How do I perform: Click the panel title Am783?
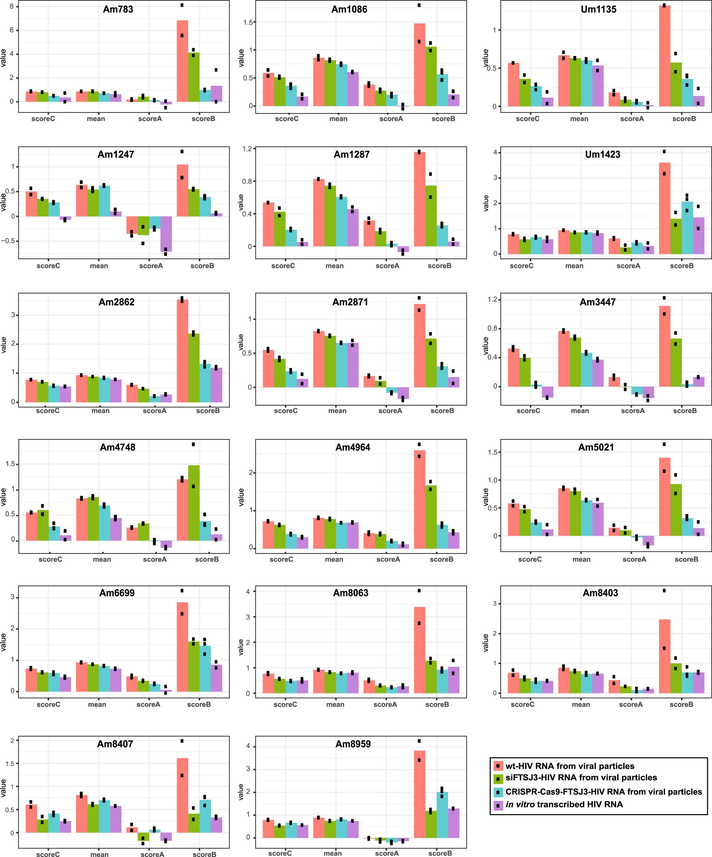(x=118, y=10)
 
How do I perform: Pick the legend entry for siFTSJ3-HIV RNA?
(x=581, y=778)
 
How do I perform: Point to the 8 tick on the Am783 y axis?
(x=12, y=6)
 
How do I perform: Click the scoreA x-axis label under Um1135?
(x=632, y=119)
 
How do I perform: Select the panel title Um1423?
(x=602, y=155)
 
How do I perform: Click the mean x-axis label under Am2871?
(x=337, y=411)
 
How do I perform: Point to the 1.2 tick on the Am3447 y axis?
(x=493, y=299)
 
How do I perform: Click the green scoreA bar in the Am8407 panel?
(x=143, y=837)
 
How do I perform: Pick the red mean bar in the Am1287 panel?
(x=319, y=212)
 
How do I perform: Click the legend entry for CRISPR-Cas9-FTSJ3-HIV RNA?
(x=604, y=792)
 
